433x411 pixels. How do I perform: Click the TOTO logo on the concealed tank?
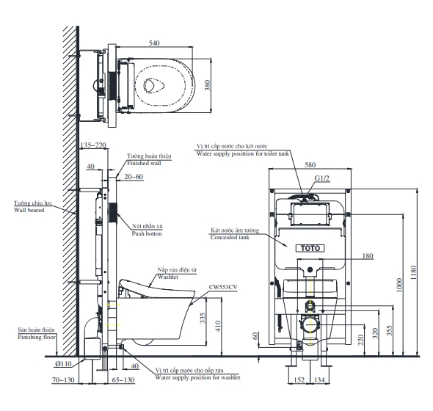pyautogui.click(x=310, y=248)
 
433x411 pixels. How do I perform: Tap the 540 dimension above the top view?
pyautogui.click(x=154, y=43)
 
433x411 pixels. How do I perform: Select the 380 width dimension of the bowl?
pyautogui.click(x=207, y=85)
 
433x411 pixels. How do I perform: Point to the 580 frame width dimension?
pyautogui.click(x=310, y=164)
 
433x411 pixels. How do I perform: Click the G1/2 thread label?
pyautogui.click(x=322, y=178)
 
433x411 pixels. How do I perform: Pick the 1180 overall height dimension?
pyautogui.click(x=413, y=272)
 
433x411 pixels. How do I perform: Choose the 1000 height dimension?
pyautogui.click(x=399, y=285)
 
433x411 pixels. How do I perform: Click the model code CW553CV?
pyautogui.click(x=223, y=287)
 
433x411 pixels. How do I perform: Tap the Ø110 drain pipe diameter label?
pyautogui.click(x=63, y=364)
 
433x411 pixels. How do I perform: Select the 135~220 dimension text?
pyautogui.click(x=93, y=145)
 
